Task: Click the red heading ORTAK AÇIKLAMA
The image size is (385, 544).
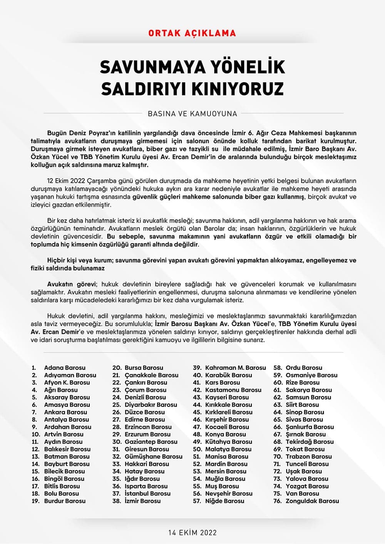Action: coord(192,33)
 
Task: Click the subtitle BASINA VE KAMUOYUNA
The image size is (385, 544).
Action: coord(192,113)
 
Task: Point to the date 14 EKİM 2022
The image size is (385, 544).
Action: coord(192,532)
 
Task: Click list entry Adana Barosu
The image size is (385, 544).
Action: coord(65,368)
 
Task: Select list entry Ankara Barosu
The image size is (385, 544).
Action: coord(65,412)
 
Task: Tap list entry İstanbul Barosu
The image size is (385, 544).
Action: coord(147,494)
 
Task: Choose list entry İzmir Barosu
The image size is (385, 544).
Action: coord(142,501)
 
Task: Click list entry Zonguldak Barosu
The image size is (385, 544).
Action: coord(312,501)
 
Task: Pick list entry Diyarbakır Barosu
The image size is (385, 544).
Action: coord(151,405)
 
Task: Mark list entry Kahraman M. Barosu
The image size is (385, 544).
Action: coord(235,368)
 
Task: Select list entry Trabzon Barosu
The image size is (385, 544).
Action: coord(308,457)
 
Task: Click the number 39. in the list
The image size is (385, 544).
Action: coord(197,368)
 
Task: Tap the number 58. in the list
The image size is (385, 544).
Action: coord(278,368)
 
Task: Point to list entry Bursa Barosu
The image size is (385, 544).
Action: coord(144,368)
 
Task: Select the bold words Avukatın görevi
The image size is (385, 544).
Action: coord(71,284)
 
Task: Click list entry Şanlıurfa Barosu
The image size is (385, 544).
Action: coord(310,427)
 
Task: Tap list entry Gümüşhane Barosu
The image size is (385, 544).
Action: coord(153,457)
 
